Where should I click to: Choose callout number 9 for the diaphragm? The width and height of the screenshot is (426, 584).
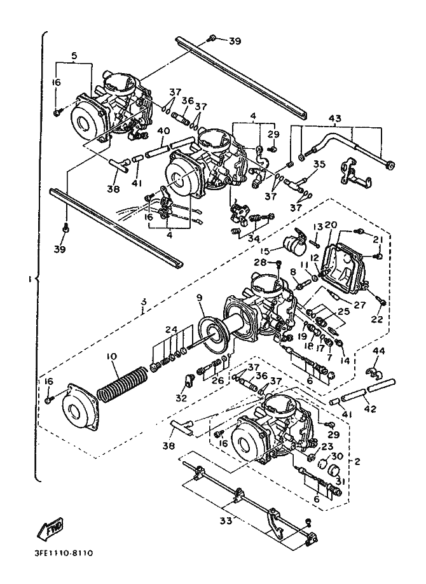point(199,297)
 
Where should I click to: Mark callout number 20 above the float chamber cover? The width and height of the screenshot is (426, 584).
point(331,225)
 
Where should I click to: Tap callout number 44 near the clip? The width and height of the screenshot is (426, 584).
point(379,351)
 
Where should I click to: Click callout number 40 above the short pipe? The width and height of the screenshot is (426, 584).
point(163,131)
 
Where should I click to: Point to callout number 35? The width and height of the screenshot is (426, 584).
point(319,164)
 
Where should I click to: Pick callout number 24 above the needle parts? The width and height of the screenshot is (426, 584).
point(170,330)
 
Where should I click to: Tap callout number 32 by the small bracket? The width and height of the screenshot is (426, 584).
point(182,399)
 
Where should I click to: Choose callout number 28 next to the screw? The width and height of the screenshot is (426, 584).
point(260,262)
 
